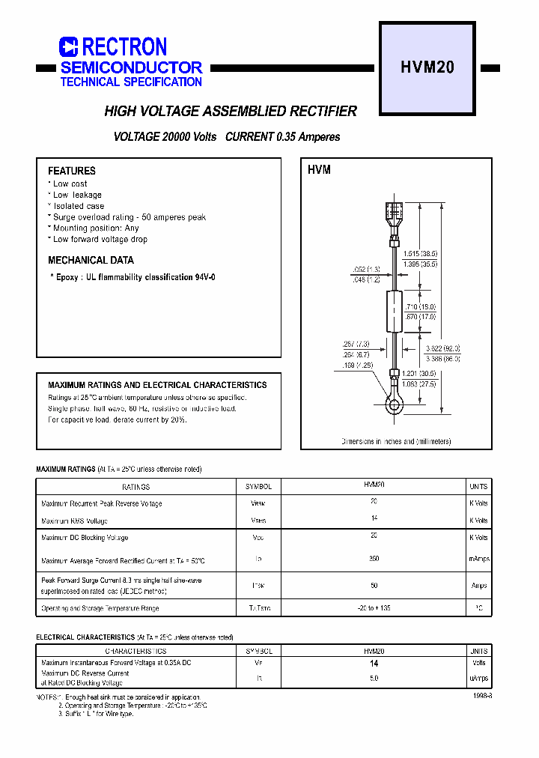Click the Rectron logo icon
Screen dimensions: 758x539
click(69, 47)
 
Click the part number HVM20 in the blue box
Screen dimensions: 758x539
click(427, 67)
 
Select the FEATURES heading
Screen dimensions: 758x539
click(72, 171)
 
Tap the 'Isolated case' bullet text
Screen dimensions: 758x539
click(79, 206)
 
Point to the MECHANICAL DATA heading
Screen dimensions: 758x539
click(91, 261)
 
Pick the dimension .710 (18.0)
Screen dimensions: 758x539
click(419, 307)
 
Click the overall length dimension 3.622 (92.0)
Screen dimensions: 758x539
click(442, 349)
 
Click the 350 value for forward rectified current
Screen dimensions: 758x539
click(374, 559)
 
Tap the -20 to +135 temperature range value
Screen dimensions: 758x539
click(374, 608)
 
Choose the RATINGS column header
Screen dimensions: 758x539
click(136, 486)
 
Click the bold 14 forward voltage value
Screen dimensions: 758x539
click(374, 664)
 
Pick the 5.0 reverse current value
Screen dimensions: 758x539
click(374, 678)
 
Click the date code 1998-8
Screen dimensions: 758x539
click(483, 696)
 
